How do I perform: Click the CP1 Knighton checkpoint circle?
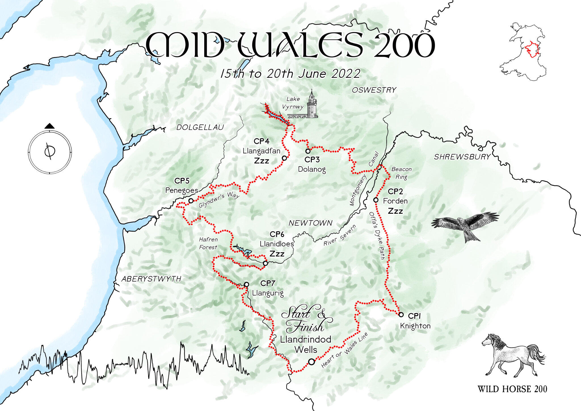pyautogui.click(x=401, y=314)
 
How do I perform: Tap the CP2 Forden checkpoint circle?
pyautogui.click(x=376, y=200)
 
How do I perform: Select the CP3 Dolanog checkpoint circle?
pyautogui.click(x=308, y=151)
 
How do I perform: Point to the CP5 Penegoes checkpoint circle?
pyautogui.click(x=191, y=201)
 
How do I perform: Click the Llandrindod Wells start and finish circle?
pyautogui.click(x=311, y=362)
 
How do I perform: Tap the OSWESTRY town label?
pyautogui.click(x=374, y=90)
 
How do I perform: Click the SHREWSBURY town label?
pyautogui.click(x=462, y=157)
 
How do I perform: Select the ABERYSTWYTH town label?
pyautogui.click(x=151, y=279)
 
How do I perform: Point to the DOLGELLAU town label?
pyautogui.click(x=200, y=127)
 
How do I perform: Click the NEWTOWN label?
pyautogui.click(x=310, y=223)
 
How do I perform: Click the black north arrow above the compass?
pyautogui.click(x=50, y=126)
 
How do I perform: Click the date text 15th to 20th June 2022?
pyautogui.click(x=290, y=74)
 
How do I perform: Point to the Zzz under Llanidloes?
pyautogui.click(x=277, y=254)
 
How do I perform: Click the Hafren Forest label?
pyautogui.click(x=208, y=244)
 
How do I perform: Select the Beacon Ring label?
pyautogui.click(x=401, y=173)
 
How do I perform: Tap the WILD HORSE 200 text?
pyautogui.click(x=512, y=389)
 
